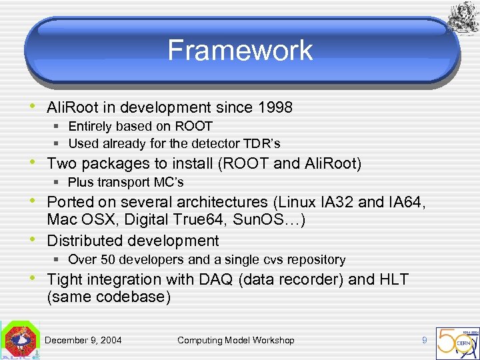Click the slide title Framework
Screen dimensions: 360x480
point(240,51)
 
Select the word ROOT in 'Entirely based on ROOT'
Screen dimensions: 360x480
point(194,127)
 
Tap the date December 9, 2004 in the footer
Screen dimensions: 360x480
point(83,340)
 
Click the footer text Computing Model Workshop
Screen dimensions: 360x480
point(235,340)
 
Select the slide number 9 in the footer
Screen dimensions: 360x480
point(424,340)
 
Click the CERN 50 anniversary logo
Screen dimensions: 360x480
point(457,341)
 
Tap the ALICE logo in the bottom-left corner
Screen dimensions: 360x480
point(20,341)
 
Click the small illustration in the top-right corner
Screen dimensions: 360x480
point(461,17)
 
